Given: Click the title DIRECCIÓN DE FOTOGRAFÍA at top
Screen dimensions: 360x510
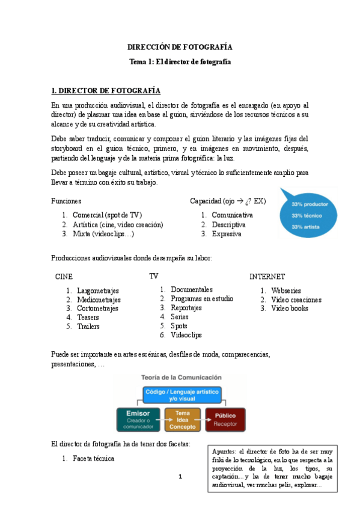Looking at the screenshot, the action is pyautogui.click(x=180, y=46).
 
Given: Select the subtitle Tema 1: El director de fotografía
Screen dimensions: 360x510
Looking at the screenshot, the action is pyautogui.click(x=180, y=61).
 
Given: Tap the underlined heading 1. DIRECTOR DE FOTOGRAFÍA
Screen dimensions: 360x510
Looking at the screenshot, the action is pyautogui.click(x=106, y=91).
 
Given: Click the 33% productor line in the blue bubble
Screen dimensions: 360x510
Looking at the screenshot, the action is pyautogui.click(x=310, y=204).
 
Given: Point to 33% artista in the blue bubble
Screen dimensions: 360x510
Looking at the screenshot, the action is pyautogui.click(x=305, y=227).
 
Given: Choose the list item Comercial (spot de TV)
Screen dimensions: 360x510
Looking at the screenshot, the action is pyautogui.click(x=107, y=215).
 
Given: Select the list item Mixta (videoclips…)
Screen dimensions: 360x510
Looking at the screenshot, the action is pyautogui.click(x=103, y=234).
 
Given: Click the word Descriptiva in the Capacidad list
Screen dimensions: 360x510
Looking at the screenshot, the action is pyautogui.click(x=229, y=224).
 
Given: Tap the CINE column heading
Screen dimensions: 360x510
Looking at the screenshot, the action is pyautogui.click(x=64, y=277).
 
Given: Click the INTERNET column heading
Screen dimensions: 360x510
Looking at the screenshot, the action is pyautogui.click(x=267, y=277).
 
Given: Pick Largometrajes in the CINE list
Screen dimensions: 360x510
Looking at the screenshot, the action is pyautogui.click(x=98, y=290).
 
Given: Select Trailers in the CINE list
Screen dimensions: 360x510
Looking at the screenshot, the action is pyautogui.click(x=88, y=327).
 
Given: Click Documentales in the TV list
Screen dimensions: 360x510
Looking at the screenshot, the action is pyautogui.click(x=191, y=289).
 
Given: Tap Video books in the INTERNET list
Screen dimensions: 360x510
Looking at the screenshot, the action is pyautogui.click(x=290, y=309).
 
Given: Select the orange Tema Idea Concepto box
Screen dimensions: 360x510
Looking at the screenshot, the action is pyautogui.click(x=182, y=419).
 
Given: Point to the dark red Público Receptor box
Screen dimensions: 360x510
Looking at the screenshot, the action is pyautogui.click(x=225, y=419).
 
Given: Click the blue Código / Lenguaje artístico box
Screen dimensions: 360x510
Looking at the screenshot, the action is pyautogui.click(x=182, y=395).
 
